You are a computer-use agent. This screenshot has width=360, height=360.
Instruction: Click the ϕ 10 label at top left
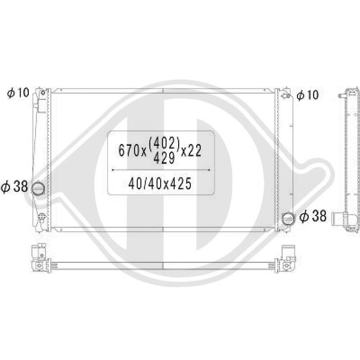[18, 93]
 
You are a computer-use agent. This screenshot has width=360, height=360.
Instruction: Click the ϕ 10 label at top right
[308, 95]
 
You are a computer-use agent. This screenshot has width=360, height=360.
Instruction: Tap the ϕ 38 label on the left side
[14, 186]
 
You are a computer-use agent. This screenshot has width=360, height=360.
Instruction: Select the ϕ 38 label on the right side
[313, 216]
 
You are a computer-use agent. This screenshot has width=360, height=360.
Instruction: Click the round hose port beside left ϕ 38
[38, 189]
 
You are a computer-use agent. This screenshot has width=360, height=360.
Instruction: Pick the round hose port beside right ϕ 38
[288, 218]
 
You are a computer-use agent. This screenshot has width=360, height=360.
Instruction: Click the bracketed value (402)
[164, 143]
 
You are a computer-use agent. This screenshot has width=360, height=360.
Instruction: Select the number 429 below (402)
[164, 158]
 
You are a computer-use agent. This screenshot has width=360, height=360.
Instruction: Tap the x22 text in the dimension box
[191, 151]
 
